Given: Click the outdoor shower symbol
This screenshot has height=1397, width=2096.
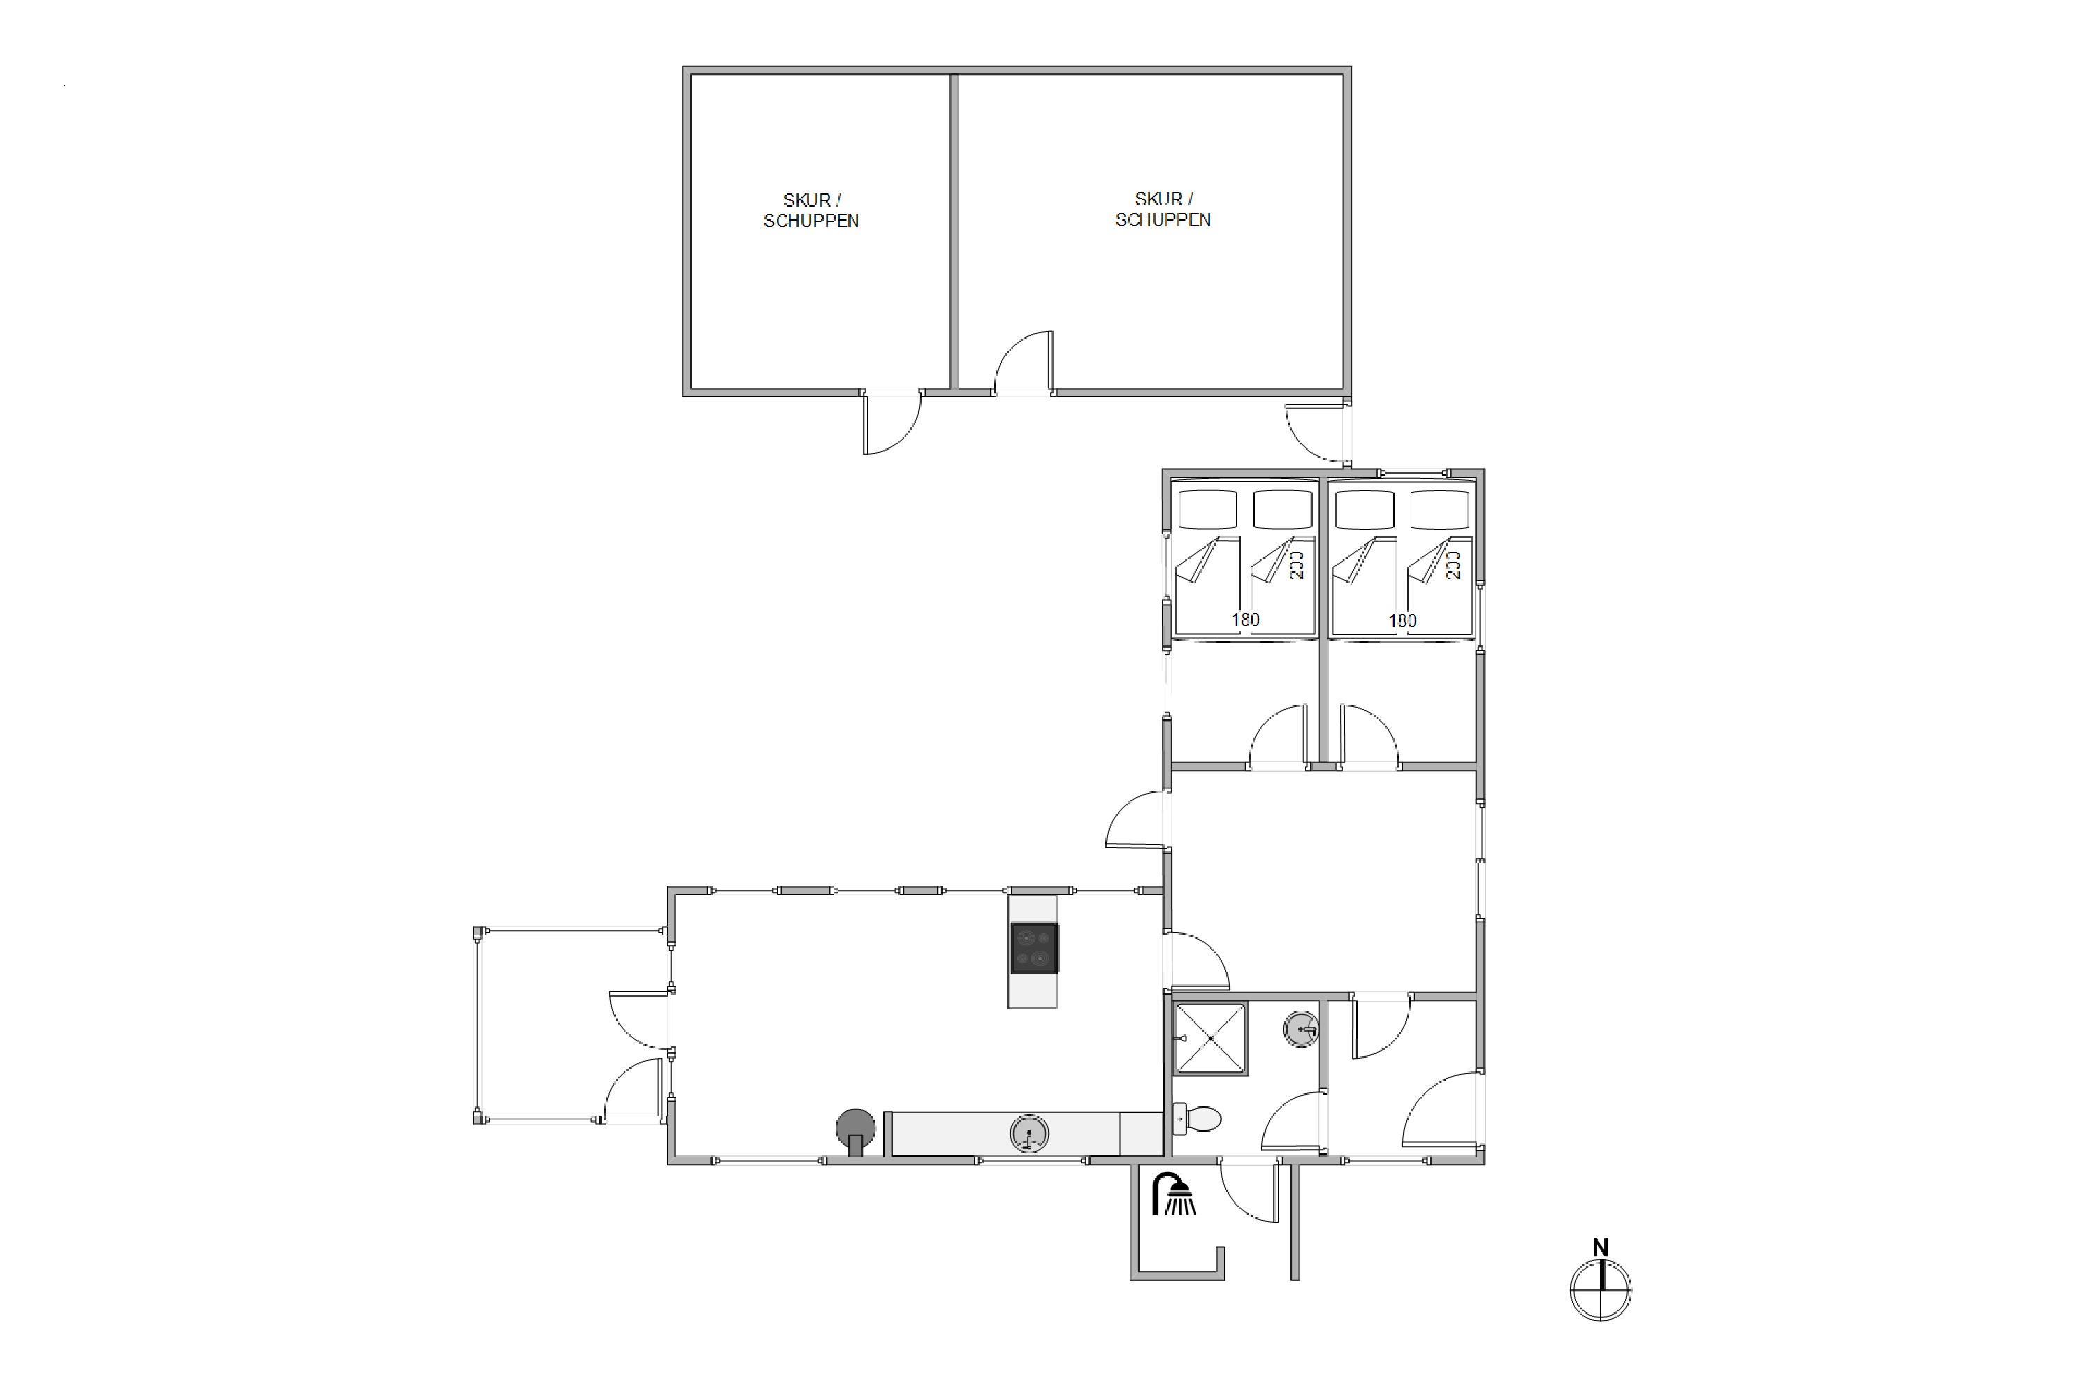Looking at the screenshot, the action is (x=1174, y=1194).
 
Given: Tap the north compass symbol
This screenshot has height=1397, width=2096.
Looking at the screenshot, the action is (x=1601, y=1289).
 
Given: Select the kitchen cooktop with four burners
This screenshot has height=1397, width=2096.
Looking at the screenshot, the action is (x=1034, y=948).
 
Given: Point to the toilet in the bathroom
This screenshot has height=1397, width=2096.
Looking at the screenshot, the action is (x=1196, y=1118).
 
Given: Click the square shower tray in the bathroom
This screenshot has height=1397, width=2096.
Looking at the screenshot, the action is (x=1210, y=1039).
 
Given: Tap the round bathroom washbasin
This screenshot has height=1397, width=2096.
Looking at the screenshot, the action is (x=1302, y=1030).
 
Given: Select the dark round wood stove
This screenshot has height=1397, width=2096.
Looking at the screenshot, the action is (x=855, y=1129).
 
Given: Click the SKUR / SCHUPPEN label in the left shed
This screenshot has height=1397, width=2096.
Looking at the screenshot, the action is (x=811, y=210).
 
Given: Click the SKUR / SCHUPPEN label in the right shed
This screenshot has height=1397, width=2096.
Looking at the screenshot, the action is (x=1163, y=210).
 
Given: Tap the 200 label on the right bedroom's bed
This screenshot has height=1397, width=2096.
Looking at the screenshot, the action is (x=1453, y=565).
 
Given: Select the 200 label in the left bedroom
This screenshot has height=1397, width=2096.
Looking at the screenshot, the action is (x=1296, y=565).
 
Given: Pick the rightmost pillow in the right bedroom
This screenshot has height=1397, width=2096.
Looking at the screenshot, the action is (x=1439, y=510).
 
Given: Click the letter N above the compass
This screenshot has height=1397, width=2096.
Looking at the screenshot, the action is (x=1601, y=1248).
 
